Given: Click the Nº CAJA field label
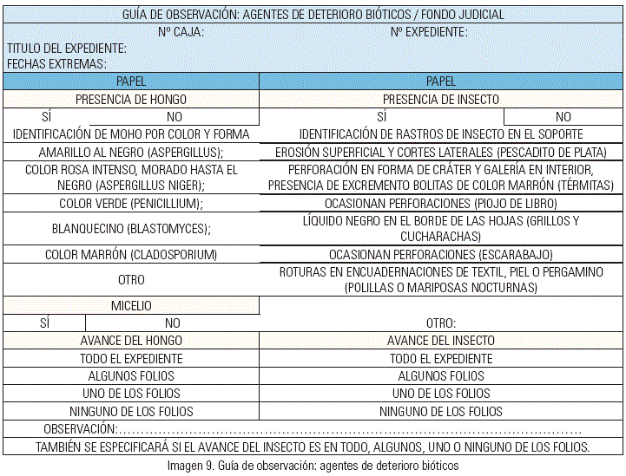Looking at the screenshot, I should click(x=181, y=32).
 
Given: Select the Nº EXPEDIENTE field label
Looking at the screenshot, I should click(x=429, y=32).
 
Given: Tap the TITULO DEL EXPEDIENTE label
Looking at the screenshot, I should click(x=67, y=49).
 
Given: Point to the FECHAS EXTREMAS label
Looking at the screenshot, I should click(x=56, y=64).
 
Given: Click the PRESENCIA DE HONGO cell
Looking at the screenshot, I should click(x=131, y=99).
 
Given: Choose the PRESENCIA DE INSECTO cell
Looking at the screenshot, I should click(x=441, y=99).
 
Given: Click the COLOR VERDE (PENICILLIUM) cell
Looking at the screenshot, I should click(x=131, y=203).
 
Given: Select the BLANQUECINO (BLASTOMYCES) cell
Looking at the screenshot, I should click(x=131, y=229).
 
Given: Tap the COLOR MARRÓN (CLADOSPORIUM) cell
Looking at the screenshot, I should click(x=131, y=255).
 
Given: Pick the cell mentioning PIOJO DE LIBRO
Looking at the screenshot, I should click(x=441, y=203).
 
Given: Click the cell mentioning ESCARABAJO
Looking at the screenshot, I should click(x=441, y=255).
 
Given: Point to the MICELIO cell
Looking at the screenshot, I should click(x=131, y=305).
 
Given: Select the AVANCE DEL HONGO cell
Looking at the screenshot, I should click(x=131, y=341).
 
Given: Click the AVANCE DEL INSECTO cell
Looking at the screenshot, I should click(x=441, y=341).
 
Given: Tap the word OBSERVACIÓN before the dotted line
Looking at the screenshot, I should click(x=80, y=429).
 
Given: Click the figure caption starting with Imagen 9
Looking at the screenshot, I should click(x=313, y=465).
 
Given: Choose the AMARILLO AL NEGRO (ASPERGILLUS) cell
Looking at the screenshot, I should click(x=131, y=152).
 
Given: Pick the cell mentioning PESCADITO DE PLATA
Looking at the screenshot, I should click(x=441, y=152).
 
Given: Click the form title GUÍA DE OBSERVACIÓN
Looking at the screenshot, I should click(x=313, y=15).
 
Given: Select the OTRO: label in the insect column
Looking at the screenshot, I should click(x=441, y=323).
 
